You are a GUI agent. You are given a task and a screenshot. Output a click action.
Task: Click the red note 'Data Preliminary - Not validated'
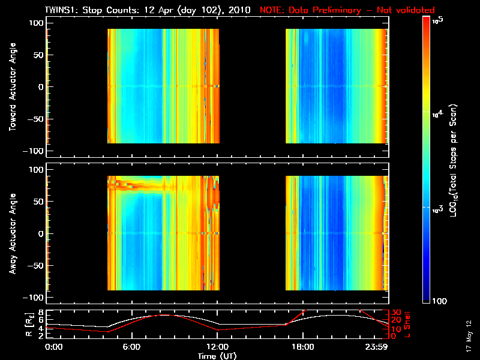click(x=347, y=10)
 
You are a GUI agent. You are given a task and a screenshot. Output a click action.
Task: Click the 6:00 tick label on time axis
click(x=131, y=347)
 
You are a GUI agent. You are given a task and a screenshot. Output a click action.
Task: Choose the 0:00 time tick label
click(x=53, y=347)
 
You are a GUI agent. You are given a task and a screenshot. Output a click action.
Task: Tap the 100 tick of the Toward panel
click(x=35, y=23)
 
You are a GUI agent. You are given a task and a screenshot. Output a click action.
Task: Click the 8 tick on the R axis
click(x=40, y=312)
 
